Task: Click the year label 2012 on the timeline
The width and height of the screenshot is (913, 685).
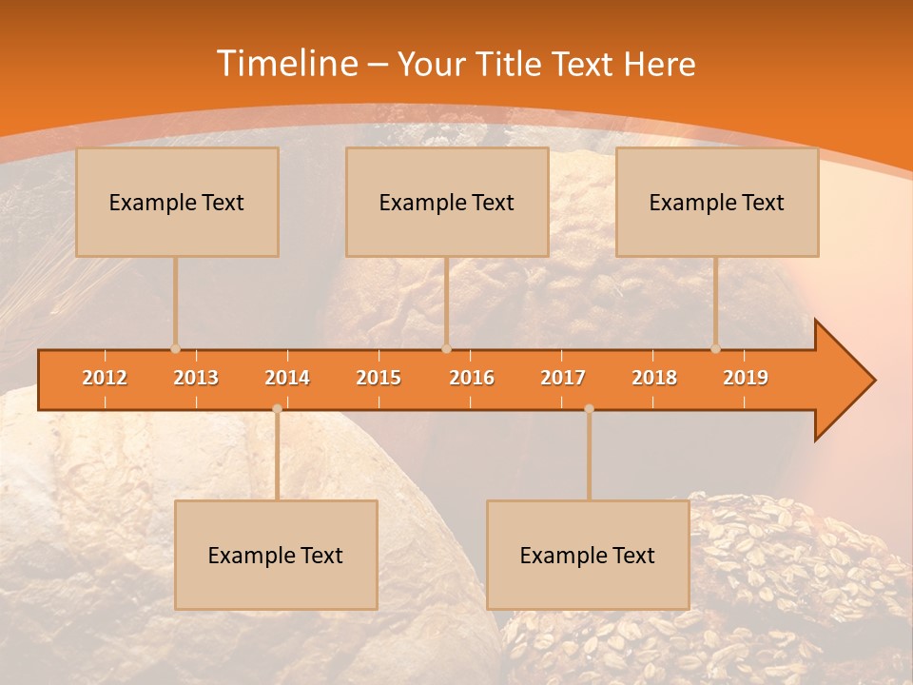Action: (105, 378)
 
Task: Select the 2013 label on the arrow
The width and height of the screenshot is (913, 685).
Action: (196, 378)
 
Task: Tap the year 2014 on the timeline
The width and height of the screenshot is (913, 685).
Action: (287, 378)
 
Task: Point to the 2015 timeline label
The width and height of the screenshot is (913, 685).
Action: (379, 378)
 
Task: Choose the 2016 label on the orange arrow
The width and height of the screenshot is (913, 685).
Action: (472, 378)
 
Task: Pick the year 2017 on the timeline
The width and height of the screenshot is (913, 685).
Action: (563, 378)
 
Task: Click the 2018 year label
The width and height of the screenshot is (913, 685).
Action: (654, 378)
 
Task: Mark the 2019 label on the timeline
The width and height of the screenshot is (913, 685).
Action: (746, 378)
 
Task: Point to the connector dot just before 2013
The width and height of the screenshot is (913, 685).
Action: (175, 349)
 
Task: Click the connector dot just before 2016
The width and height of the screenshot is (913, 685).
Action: (446, 349)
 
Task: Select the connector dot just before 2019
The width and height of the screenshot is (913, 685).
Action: (715, 349)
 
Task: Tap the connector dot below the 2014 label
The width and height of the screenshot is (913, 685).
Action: (277, 409)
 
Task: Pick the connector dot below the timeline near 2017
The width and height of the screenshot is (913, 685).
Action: (589, 409)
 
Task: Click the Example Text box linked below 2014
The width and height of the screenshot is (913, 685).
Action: (276, 555)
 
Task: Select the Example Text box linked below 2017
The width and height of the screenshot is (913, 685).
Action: (588, 555)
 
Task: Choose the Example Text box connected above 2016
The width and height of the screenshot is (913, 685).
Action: (447, 202)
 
